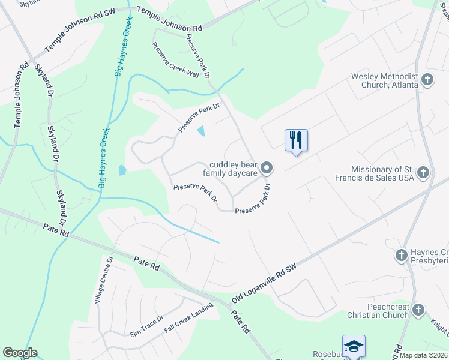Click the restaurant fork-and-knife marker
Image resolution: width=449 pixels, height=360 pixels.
tap(296, 140)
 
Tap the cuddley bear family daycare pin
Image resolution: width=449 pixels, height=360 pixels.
tap(268, 168)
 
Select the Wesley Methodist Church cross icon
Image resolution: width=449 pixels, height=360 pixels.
tap(427, 79)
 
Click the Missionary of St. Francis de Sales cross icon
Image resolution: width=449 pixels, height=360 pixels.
tap(424, 173)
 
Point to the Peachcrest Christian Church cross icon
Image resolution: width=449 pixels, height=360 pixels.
tap(418, 310)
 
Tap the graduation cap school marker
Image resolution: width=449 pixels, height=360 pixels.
tap(354, 346)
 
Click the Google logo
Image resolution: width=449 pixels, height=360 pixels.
tap(20, 353)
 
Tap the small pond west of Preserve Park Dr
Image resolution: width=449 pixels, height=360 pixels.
tap(122, 170)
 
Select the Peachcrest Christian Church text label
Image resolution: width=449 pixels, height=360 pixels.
tap(379, 311)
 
